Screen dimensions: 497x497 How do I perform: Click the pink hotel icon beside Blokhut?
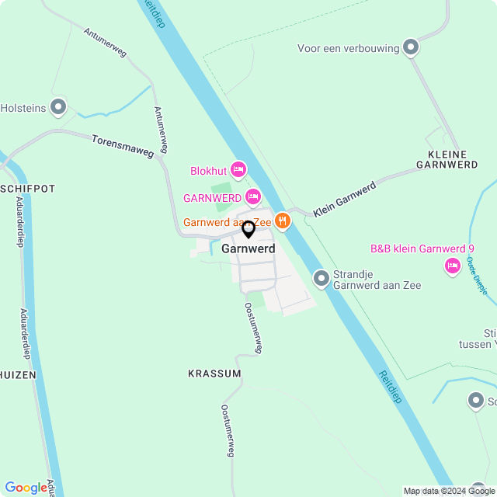pyautogui.click(x=238, y=169)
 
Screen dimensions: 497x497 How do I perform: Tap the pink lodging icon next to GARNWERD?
pyautogui.click(x=252, y=197)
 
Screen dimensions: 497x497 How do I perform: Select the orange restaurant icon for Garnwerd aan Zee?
pyautogui.click(x=282, y=221)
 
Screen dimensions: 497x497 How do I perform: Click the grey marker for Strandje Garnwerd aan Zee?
pyautogui.click(x=321, y=278)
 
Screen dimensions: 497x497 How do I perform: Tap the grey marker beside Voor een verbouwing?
pyautogui.click(x=412, y=47)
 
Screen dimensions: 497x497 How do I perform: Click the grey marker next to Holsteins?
pyautogui.click(x=58, y=107)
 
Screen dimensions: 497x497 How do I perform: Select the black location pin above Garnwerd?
pyautogui.click(x=248, y=230)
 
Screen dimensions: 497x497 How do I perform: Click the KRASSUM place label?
pyautogui.click(x=214, y=374)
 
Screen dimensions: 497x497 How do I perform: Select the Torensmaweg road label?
pyautogui.click(x=123, y=146)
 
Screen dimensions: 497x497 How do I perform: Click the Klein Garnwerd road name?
pyautogui.click(x=345, y=200)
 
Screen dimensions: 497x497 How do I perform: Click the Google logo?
pyautogui.click(x=26, y=487)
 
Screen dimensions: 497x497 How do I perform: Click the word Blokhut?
pyautogui.click(x=208, y=171)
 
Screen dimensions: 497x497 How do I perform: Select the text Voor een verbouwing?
pyautogui.click(x=348, y=48)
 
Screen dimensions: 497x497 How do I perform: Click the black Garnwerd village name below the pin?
pyautogui.click(x=248, y=249)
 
